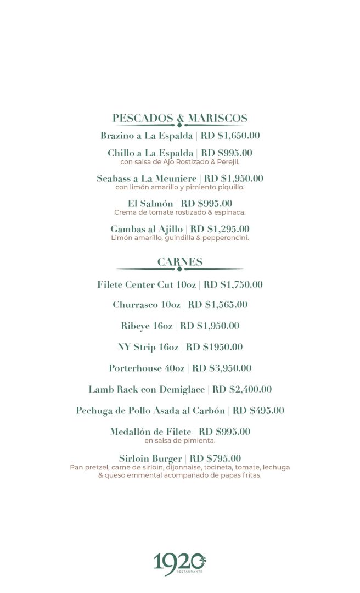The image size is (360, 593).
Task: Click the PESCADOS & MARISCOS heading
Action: [180, 118]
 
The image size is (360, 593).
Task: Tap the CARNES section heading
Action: [180, 262]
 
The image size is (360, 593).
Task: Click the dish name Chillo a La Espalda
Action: [150, 153]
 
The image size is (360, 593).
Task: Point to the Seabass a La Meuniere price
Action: [234, 178]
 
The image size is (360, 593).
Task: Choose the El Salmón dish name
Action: [150, 204]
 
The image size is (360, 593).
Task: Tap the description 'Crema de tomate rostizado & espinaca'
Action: [180, 212]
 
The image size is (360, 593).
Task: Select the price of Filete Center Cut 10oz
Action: [233, 284]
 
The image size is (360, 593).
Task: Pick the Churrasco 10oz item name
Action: [147, 305]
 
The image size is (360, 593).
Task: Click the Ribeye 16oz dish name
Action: [147, 326]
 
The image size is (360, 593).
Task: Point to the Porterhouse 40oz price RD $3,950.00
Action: [222, 368]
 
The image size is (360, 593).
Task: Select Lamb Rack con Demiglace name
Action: [146, 390]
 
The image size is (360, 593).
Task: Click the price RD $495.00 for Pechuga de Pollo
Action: [258, 411]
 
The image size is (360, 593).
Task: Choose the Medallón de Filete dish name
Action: [151, 432]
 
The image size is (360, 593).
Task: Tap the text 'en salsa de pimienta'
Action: [180, 440]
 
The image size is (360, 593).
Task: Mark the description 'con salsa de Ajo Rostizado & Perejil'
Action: [180, 162]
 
